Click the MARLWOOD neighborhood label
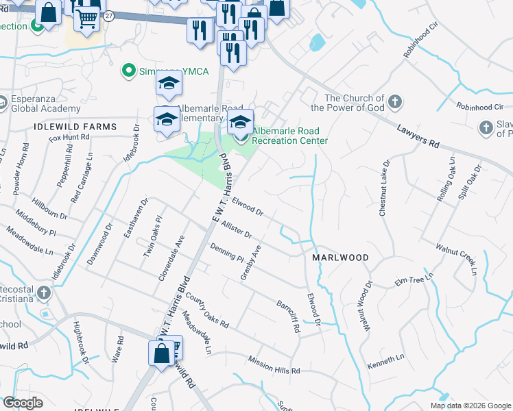pos(340,258)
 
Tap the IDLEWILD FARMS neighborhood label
pos(74,127)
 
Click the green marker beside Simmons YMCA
pos(127,71)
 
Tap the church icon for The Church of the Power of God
pos(394,103)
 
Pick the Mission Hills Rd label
pos(274,365)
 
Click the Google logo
pos(23,403)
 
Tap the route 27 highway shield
pos(108,15)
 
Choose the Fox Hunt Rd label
pos(69,138)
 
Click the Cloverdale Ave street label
pos(171,259)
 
